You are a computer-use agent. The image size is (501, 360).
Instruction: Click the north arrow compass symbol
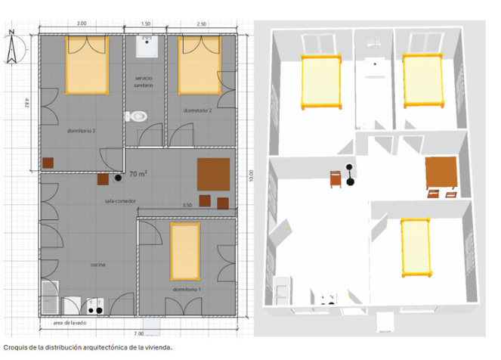pos(12,48)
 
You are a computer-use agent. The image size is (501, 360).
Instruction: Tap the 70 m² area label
pos(138,174)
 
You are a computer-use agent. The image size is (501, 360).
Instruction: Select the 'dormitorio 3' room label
pos(81,130)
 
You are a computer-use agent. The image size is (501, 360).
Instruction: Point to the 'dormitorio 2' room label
pos(197,110)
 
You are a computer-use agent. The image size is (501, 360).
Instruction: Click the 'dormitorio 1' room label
pos(187,290)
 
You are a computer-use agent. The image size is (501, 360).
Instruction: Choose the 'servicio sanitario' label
pos(144,82)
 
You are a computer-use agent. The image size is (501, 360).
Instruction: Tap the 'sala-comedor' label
pos(120,200)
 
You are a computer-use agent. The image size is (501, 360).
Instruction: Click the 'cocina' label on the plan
pos(97,265)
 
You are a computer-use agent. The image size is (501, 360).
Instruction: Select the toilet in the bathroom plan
pos(137,116)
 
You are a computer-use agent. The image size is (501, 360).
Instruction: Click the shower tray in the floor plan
pos(147,46)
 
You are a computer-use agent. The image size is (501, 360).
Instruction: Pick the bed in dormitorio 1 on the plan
pos(185,251)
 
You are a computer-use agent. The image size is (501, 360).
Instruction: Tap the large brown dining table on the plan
pos(213,174)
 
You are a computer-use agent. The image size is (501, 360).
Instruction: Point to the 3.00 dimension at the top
pos(82,23)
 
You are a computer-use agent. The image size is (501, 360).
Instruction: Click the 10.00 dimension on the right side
pos(251,175)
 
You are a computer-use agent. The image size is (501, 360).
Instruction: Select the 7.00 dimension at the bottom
pos(139,334)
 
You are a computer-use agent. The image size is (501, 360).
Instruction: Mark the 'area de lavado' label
pos(70,323)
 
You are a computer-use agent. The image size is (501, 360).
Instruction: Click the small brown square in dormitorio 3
pos(48,163)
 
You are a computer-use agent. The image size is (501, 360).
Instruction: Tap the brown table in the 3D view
pos(441,172)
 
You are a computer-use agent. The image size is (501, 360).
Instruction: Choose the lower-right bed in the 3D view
pos(416,247)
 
